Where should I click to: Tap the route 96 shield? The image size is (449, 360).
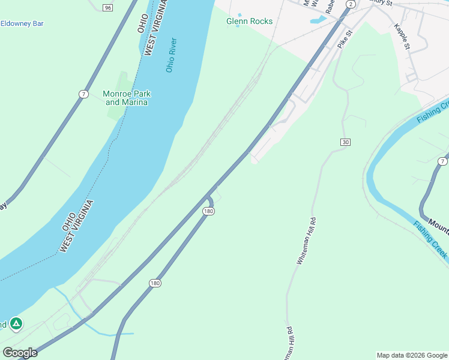[107, 7]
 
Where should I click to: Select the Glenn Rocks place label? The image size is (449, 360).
[249, 21]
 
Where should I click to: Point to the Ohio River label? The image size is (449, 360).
[171, 55]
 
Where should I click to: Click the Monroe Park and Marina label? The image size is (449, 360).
[127, 98]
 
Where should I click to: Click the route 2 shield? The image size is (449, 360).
[351, 4]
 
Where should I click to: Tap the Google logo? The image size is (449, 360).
[19, 353]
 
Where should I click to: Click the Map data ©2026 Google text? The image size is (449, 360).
[412, 355]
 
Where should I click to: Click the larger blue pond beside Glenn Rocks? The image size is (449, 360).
[316, 20]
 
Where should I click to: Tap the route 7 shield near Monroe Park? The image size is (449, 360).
[83, 94]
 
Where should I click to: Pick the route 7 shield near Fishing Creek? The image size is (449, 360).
[442, 161]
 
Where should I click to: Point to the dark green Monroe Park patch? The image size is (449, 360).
[122, 84]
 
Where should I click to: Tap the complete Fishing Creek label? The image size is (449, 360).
[430, 240]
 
